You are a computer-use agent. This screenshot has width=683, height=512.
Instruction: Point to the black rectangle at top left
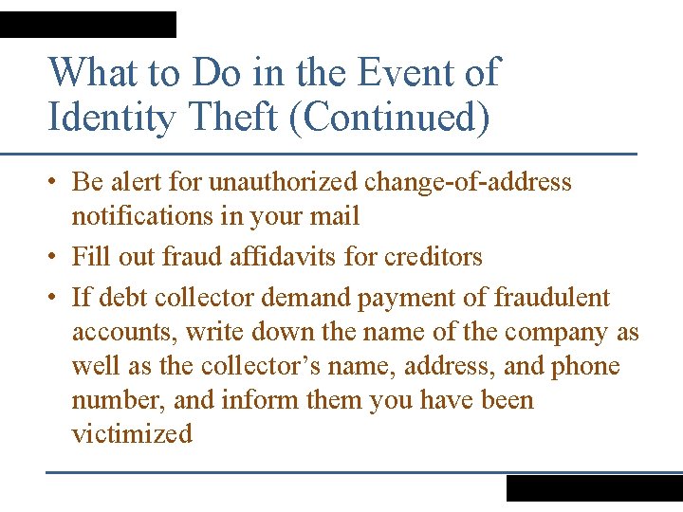pos(88,25)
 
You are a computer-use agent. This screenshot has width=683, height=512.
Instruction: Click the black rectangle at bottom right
pos(594,488)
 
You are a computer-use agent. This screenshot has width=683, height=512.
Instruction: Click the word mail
pos(336,216)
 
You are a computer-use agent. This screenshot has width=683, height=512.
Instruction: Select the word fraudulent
pos(552,298)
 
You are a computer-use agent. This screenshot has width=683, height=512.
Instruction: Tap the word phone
pos(585,366)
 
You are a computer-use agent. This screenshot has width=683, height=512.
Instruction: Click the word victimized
pos(132,434)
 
